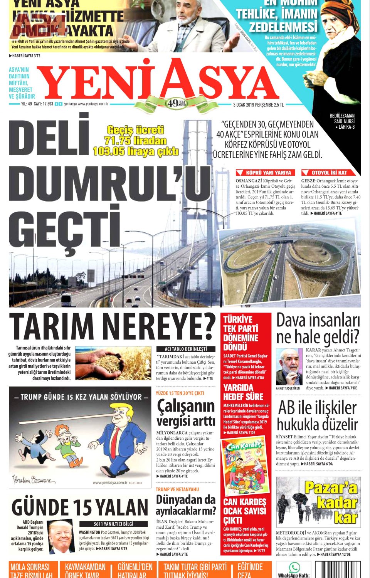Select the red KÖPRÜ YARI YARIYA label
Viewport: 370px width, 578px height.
tap(266, 173)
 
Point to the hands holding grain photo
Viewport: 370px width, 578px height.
tap(113, 363)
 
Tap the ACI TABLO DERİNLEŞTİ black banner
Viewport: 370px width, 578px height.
tap(186, 349)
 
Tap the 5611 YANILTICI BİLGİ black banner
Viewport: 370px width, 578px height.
tap(114, 524)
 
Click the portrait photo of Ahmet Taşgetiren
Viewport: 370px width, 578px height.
tap(289, 366)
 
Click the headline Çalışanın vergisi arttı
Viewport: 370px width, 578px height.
tap(186, 413)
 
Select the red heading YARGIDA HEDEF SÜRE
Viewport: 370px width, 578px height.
tap(244, 392)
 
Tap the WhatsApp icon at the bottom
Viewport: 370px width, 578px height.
tap(294, 567)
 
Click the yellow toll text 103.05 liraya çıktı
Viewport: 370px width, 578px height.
tap(136, 151)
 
